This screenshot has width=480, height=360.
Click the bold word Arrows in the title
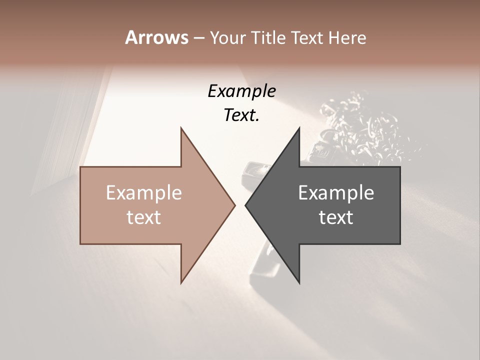tap(156, 37)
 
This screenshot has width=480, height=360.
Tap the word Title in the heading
tap(268, 38)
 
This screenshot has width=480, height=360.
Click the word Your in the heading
tap(228, 38)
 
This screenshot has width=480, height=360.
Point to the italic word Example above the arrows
tap(242, 91)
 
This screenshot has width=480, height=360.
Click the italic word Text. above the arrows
tap(241, 115)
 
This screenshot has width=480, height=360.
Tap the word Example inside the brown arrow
tap(144, 193)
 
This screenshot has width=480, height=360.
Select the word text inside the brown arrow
tap(144, 217)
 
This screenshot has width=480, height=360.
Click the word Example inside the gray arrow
tap(336, 193)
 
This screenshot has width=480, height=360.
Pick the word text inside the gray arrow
tap(336, 217)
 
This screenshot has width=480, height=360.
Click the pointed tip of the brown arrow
tap(234, 205)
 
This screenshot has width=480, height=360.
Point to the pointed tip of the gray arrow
tap(246, 205)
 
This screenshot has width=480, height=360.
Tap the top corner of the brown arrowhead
tap(181, 128)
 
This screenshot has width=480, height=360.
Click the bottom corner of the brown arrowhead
tap(181, 283)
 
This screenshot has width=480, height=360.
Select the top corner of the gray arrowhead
tap(299, 128)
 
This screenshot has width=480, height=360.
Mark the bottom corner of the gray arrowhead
tap(299, 283)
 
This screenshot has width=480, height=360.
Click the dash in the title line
tap(198, 38)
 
